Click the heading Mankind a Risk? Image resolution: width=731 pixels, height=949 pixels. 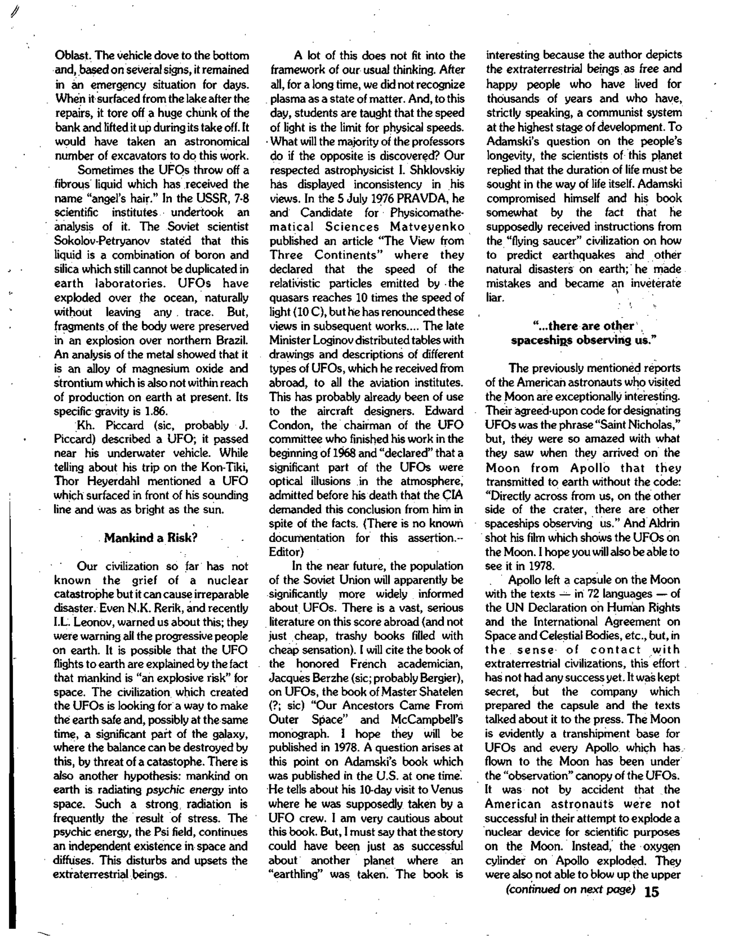[x=150, y=538]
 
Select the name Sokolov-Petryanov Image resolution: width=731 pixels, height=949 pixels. [x=102, y=241]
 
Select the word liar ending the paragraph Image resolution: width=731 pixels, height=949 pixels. [x=494, y=298]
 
